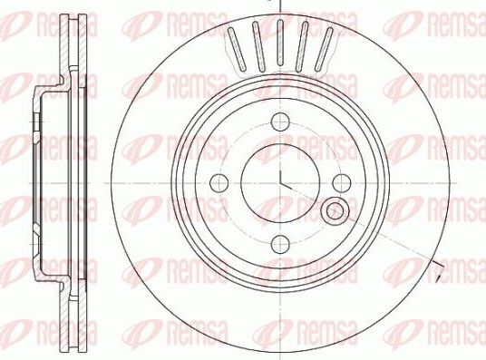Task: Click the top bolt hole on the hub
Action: (280, 121)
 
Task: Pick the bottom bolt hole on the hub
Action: (280, 242)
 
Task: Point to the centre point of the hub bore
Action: (280, 182)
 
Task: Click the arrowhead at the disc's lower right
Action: (440, 268)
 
